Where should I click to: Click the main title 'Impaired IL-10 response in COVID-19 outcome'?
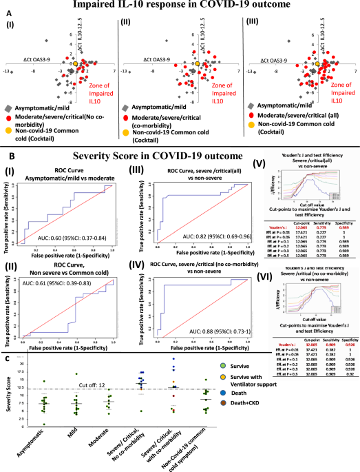[181, 6]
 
